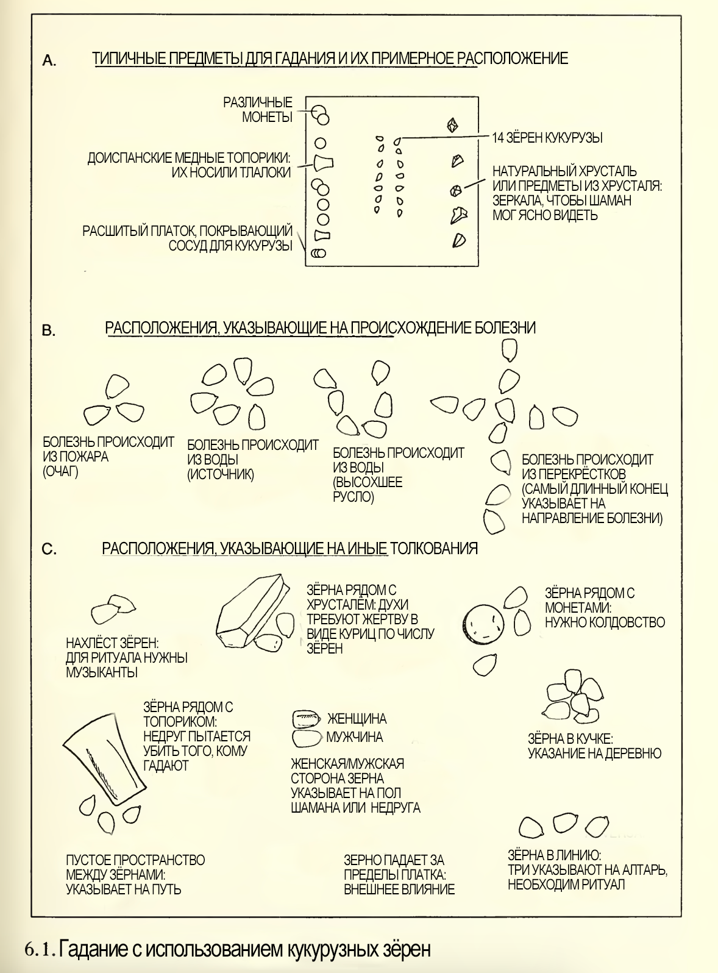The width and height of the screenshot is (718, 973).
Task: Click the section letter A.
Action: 49,61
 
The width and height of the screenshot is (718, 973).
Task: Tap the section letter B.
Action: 48,330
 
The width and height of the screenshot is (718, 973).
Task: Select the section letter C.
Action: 49,549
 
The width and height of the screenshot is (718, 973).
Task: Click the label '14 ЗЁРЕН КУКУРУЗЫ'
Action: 547,138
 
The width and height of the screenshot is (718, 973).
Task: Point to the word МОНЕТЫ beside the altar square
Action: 267,116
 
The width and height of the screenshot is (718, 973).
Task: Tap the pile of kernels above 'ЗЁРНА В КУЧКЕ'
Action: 572,697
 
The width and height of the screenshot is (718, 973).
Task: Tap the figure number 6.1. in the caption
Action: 40,946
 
